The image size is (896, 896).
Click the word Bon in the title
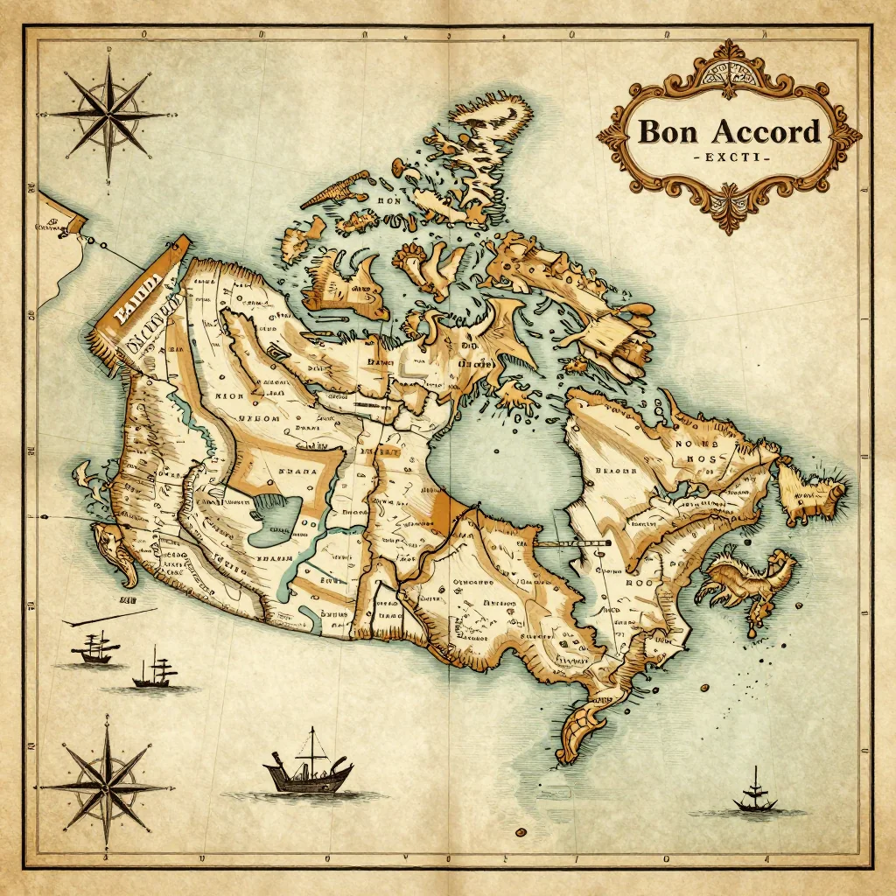coord(669,132)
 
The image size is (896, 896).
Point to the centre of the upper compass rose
coord(107,115)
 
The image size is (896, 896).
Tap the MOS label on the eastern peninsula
coord(701,458)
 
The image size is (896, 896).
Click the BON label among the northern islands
coord(388,200)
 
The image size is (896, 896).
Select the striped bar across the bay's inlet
coord(572,544)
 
